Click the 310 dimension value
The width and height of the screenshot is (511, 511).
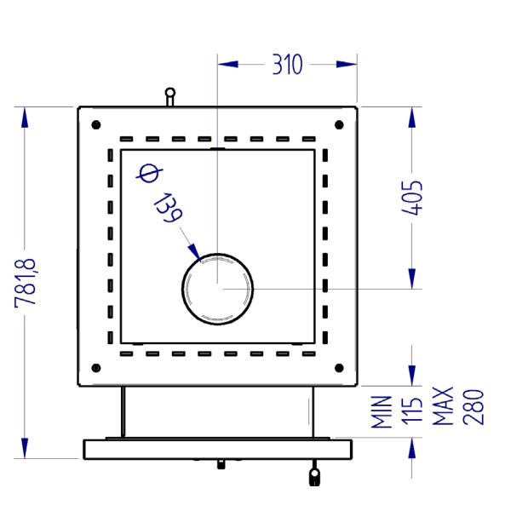coord(288,65)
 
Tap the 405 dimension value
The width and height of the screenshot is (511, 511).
coord(412,198)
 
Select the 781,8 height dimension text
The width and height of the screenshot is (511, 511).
coord(25,283)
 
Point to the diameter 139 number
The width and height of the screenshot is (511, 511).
coord(169,208)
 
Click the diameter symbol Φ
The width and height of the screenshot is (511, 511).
coord(149,173)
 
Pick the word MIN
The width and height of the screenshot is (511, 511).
coord(382,411)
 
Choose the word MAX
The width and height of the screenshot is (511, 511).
coord(443,406)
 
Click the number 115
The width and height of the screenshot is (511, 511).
coord(412,411)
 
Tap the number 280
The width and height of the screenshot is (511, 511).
coord(474,407)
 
